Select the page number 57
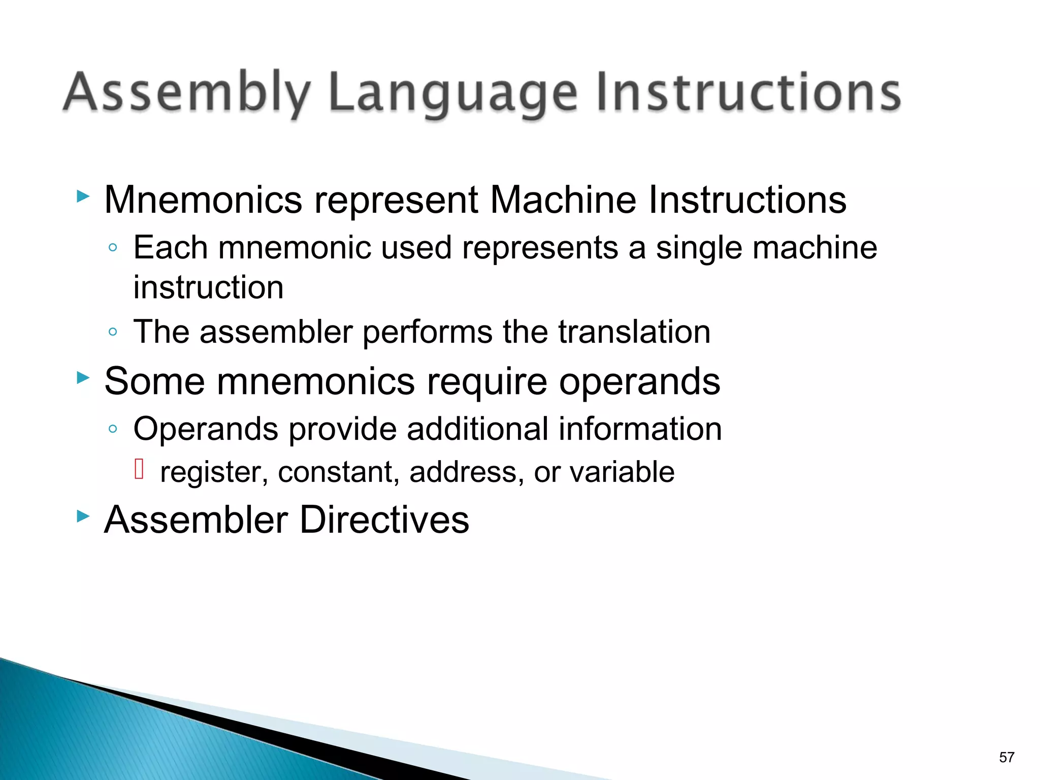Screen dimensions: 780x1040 coord(1006,757)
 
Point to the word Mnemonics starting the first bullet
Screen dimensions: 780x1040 coord(203,200)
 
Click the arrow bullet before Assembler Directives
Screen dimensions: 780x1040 coord(83,516)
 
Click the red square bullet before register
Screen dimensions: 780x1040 coord(139,468)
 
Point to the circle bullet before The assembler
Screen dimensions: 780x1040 coord(113,332)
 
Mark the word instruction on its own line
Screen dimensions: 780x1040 coord(208,287)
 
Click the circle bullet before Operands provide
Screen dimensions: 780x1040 coord(113,429)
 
